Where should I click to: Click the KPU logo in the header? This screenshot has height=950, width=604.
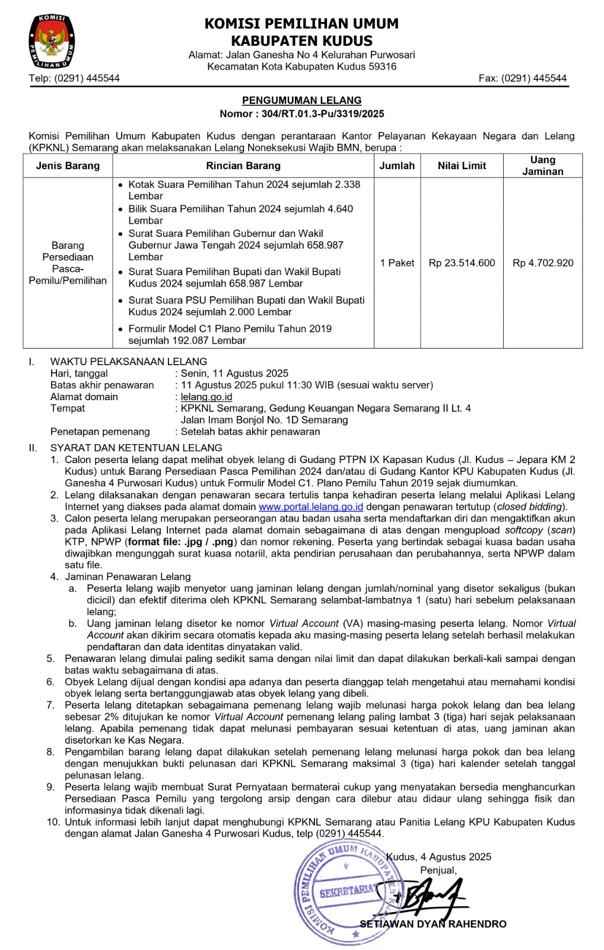click(52, 42)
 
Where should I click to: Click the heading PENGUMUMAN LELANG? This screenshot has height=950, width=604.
click(301, 101)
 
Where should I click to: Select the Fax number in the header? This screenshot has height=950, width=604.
click(523, 78)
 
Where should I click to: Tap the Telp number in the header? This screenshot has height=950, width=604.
click(74, 78)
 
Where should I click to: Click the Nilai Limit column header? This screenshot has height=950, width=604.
click(462, 166)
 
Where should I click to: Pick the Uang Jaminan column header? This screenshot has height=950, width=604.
click(542, 166)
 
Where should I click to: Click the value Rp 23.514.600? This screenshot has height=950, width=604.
click(462, 263)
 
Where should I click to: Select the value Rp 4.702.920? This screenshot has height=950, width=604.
click(543, 263)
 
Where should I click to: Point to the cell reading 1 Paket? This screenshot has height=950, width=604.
click(397, 263)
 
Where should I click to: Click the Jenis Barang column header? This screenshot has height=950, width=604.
click(68, 166)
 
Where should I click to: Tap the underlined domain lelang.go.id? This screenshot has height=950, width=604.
click(206, 397)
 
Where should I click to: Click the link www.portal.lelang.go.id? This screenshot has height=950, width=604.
click(311, 506)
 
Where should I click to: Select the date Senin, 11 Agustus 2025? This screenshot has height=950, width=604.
click(234, 373)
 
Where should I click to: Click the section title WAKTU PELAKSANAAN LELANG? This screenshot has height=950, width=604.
click(129, 362)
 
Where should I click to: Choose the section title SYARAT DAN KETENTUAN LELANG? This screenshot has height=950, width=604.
click(136, 448)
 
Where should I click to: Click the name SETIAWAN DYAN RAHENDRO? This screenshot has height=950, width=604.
click(433, 924)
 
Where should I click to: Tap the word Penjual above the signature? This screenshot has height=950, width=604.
click(438, 870)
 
